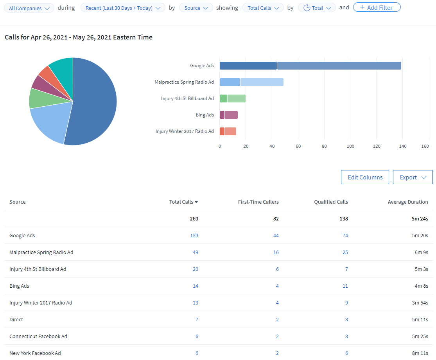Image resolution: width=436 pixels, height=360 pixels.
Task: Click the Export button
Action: (413, 177)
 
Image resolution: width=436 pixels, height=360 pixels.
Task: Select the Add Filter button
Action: (377, 7)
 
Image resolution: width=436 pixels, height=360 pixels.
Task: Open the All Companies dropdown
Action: (29, 8)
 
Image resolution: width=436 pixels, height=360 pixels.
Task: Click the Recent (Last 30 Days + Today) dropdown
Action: (122, 8)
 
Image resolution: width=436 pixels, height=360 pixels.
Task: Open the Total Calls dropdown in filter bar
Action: (263, 8)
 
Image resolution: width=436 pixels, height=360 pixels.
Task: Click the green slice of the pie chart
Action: (39, 98)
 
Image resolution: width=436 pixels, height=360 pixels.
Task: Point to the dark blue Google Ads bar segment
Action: (248, 66)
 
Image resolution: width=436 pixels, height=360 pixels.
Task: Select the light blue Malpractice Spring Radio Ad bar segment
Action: (262, 82)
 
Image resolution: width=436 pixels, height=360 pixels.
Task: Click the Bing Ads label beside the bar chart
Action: (205, 115)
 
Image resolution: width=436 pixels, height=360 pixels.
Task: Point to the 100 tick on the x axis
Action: (350, 146)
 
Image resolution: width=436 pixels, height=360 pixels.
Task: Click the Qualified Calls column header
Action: (331, 202)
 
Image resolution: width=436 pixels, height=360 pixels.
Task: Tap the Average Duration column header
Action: (407, 202)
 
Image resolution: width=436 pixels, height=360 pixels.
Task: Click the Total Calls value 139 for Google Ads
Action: (194, 235)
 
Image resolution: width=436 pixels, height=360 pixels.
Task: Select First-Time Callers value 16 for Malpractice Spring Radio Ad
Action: (276, 252)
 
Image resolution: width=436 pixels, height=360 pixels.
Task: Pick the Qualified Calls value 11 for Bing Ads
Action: (345, 286)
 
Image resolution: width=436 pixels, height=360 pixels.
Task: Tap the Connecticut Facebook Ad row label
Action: (38, 336)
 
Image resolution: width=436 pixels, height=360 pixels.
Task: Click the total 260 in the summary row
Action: (194, 219)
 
